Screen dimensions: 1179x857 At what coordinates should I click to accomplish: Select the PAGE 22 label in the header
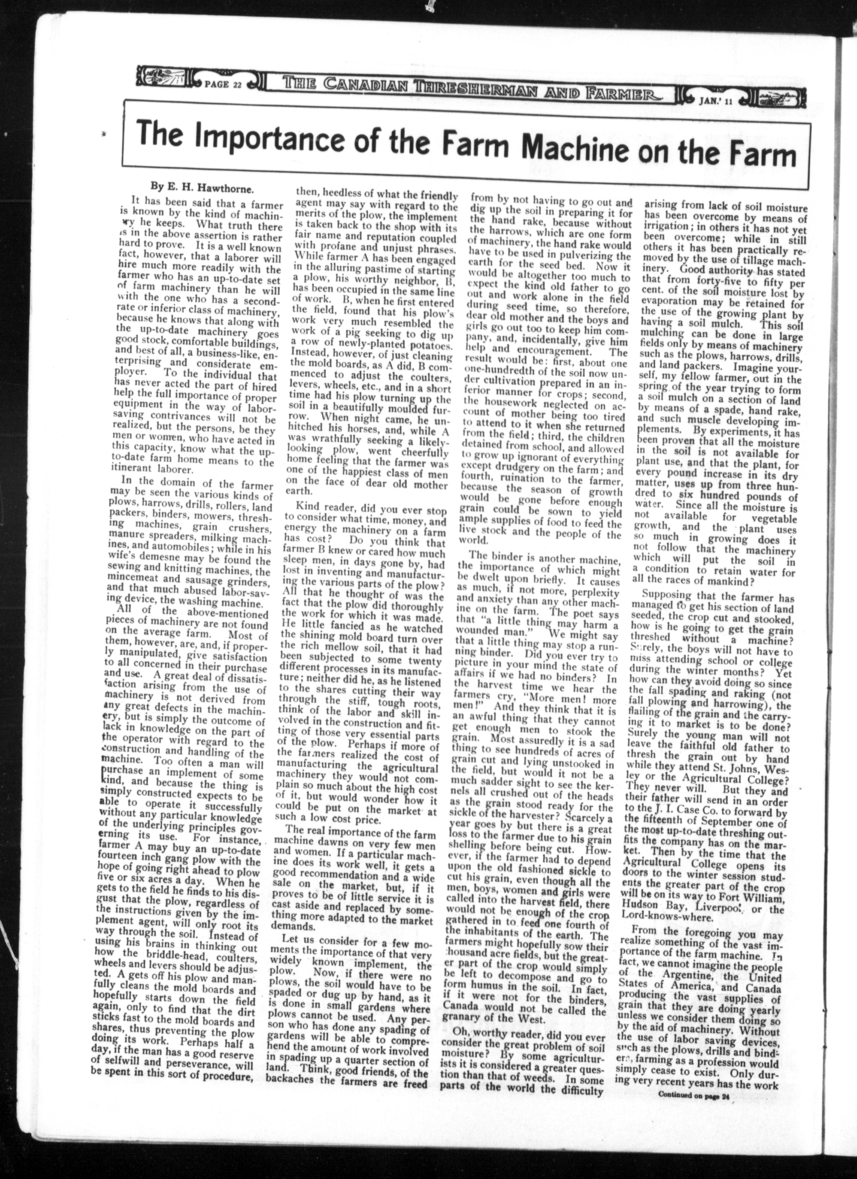(224, 85)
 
